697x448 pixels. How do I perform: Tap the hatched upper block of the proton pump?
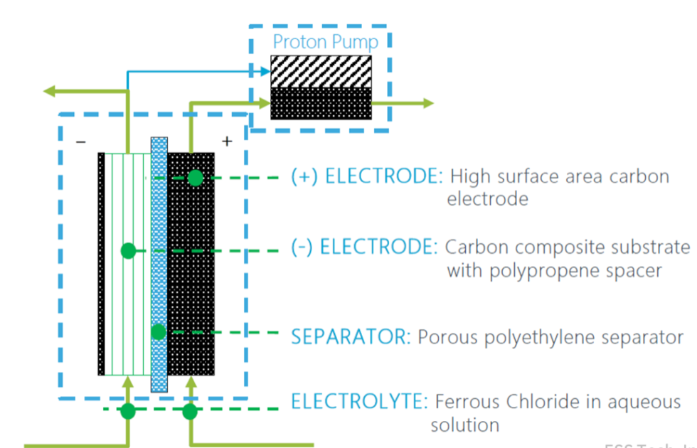click(321, 72)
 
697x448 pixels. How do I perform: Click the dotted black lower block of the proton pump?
click(321, 103)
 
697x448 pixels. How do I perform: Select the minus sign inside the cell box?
click(81, 142)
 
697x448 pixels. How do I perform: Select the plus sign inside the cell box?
click(227, 142)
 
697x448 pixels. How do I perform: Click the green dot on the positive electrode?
click(196, 178)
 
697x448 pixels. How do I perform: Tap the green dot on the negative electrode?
click(128, 250)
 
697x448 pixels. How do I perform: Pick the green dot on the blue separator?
click(159, 332)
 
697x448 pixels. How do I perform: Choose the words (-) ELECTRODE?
click(364, 247)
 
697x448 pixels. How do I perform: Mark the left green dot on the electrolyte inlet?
click(128, 410)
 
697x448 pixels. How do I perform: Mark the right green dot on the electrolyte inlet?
click(190, 410)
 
